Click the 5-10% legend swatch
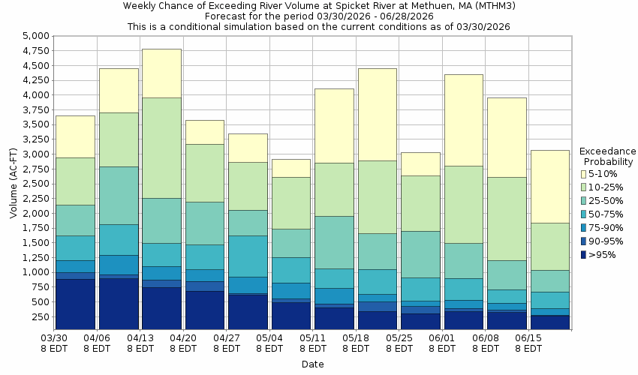[x=583, y=174]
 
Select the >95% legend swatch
[x=583, y=255]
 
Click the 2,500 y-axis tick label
[x=35, y=184]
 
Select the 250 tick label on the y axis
[x=40, y=316]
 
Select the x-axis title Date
[x=312, y=364]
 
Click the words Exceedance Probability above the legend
[x=608, y=156]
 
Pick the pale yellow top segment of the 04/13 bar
[x=161, y=73]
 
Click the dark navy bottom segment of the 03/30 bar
[x=75, y=304]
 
